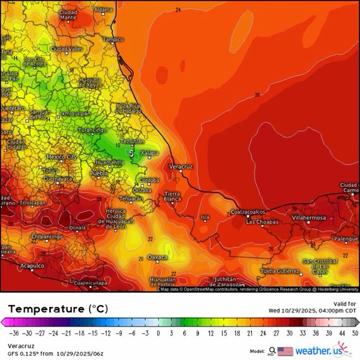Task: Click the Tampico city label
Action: click(x=113, y=39)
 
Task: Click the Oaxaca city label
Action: click(x=157, y=257)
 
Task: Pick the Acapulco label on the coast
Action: click(x=32, y=266)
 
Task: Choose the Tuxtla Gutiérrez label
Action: click(x=280, y=270)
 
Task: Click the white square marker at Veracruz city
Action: click(x=180, y=170)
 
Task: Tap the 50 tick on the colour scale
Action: click(x=356, y=332)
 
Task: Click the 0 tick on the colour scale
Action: click(x=158, y=332)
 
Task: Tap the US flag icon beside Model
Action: click(x=285, y=351)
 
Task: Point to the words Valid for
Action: click(x=341, y=304)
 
